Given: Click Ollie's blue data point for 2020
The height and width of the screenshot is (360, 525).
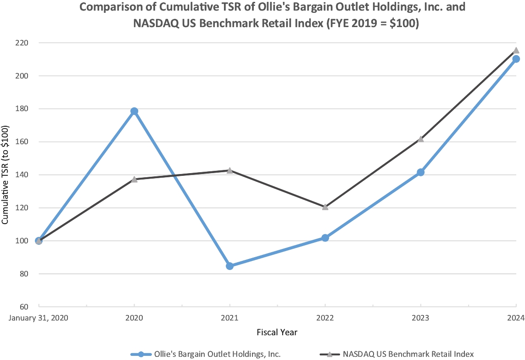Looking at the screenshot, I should pyautogui.click(x=134, y=111).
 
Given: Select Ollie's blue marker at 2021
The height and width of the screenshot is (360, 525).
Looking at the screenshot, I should pyautogui.click(x=229, y=266).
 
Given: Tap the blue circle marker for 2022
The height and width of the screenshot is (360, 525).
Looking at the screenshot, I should pyautogui.click(x=325, y=238).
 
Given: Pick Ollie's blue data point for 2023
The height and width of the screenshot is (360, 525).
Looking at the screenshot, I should pyautogui.click(x=420, y=172).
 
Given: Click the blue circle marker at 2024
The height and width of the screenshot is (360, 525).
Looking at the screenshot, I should pyautogui.click(x=516, y=59).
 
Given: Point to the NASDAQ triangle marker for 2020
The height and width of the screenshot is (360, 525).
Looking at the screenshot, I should pyautogui.click(x=134, y=179).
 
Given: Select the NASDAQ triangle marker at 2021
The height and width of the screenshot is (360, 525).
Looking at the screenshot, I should pyautogui.click(x=229, y=170).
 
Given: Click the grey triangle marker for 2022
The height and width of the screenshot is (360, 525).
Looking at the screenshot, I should pyautogui.click(x=325, y=207).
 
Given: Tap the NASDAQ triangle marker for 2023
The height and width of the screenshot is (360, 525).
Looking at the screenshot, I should pyautogui.click(x=420, y=139).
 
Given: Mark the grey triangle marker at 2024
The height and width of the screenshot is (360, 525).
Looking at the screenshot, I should pyautogui.click(x=516, y=51).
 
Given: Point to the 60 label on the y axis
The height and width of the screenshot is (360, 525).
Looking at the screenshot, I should pyautogui.click(x=24, y=307).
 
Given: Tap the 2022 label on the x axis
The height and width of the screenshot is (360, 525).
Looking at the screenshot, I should pyautogui.click(x=325, y=317).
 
